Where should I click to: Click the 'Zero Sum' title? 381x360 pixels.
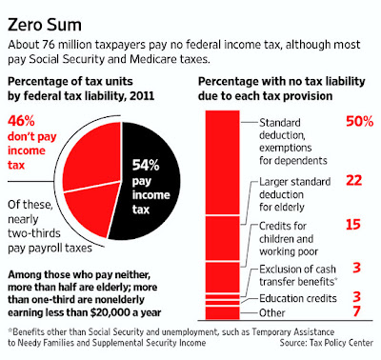pos(45,25)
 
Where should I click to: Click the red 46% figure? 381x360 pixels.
pos(21,121)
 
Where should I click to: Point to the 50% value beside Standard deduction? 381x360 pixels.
pos(359,122)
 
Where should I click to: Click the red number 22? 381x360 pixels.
pos(354,181)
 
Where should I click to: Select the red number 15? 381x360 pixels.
pos(353,225)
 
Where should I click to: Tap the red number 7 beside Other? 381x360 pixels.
pos(356,311)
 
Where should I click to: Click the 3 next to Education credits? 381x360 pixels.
pos(356,297)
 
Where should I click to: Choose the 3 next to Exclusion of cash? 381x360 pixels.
pos(356,268)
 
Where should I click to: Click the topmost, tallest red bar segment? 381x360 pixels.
pos(222,162)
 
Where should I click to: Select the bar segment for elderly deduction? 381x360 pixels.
pos(222,238)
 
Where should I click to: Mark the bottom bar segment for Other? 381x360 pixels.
pos(222,313)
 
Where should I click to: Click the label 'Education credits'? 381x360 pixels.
pos(298,298)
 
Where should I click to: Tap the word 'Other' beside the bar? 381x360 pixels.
pos(272,313)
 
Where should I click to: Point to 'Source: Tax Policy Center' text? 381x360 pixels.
pos(327,343)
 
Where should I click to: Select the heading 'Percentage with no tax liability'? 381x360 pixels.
pos(282,82)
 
